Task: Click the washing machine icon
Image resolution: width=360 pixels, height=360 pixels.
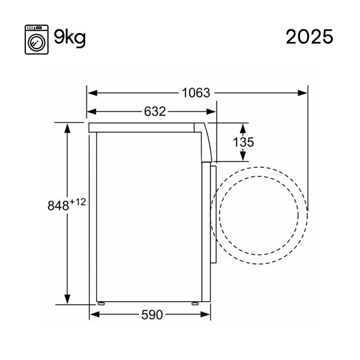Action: (x=37, y=40)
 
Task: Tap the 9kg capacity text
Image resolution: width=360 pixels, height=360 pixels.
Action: (x=70, y=37)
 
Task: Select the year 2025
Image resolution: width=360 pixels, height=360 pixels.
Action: (x=310, y=37)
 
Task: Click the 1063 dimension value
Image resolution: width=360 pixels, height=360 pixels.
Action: (x=196, y=93)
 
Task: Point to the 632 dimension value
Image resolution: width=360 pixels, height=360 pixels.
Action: (x=155, y=112)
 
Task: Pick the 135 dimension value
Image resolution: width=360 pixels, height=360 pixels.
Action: (x=244, y=142)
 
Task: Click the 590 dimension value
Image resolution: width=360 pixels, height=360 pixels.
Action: (x=152, y=315)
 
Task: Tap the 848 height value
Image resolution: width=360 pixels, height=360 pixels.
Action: (x=58, y=206)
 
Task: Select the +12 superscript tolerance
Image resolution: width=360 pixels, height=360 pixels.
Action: (x=77, y=202)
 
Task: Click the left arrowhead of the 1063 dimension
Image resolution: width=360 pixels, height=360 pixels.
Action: (x=92, y=93)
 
